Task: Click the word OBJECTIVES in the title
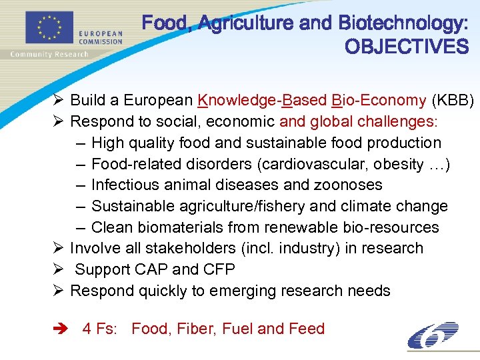coord(407,47)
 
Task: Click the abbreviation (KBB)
coord(453,101)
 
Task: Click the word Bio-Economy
coord(378,101)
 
